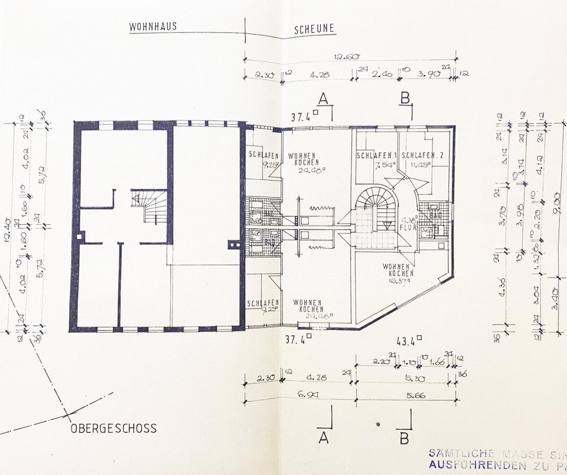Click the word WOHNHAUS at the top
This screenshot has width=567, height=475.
154,27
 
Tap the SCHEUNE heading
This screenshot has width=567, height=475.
314,28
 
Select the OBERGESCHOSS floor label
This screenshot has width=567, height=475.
113,428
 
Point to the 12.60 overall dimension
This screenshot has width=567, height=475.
345,57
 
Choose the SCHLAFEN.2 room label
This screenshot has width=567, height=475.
423,156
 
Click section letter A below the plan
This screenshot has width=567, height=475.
323,437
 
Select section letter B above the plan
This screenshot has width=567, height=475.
405,98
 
